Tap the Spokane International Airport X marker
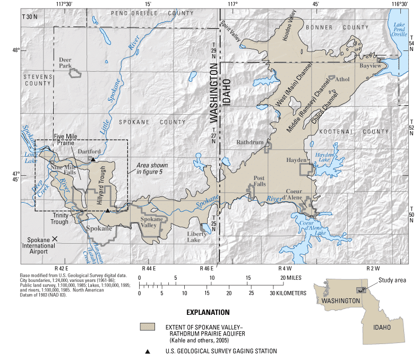(x=55, y=240)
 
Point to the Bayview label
(x=371, y=66)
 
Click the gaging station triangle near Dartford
(x=93, y=159)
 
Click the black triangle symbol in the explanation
(x=147, y=351)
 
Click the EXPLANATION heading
(x=208, y=312)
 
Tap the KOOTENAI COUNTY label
(x=361, y=131)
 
